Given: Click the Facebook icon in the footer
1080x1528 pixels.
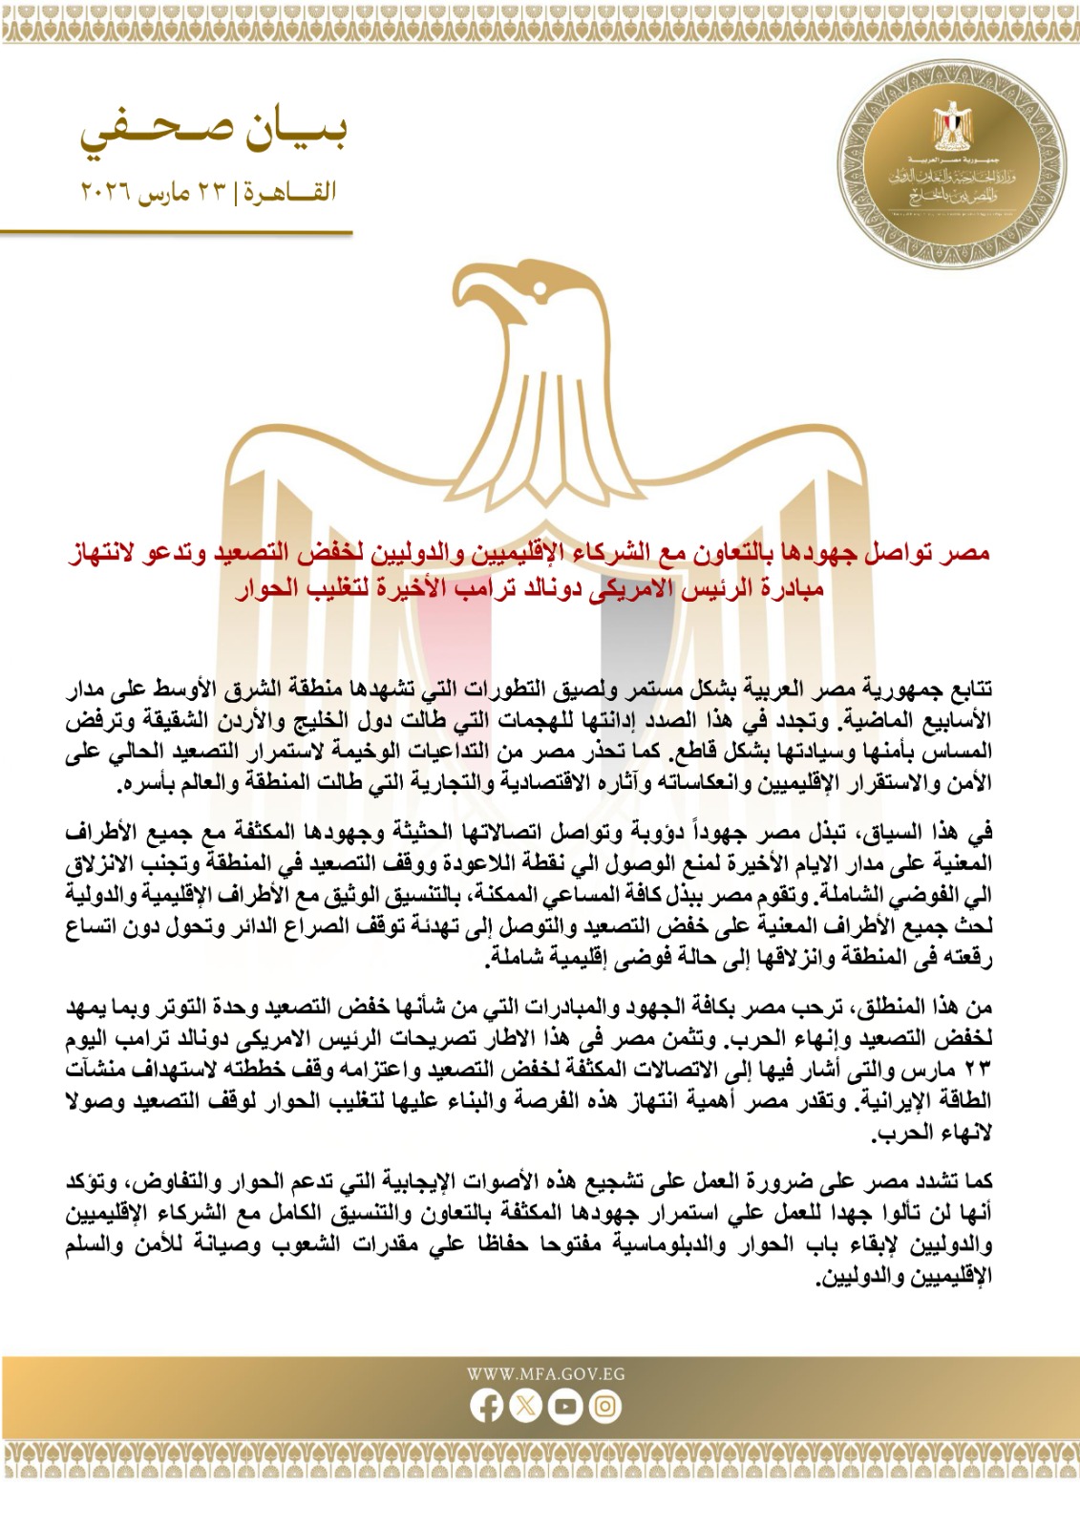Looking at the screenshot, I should pos(487,1406).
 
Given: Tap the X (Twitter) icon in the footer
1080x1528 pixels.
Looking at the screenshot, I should pos(526,1406).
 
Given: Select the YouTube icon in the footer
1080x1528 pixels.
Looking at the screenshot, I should pos(565,1406).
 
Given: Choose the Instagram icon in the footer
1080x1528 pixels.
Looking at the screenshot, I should pos(604,1406).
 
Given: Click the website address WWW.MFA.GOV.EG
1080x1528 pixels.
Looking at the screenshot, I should pos(545,1374).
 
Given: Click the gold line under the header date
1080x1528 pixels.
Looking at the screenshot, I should pos(177,232).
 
